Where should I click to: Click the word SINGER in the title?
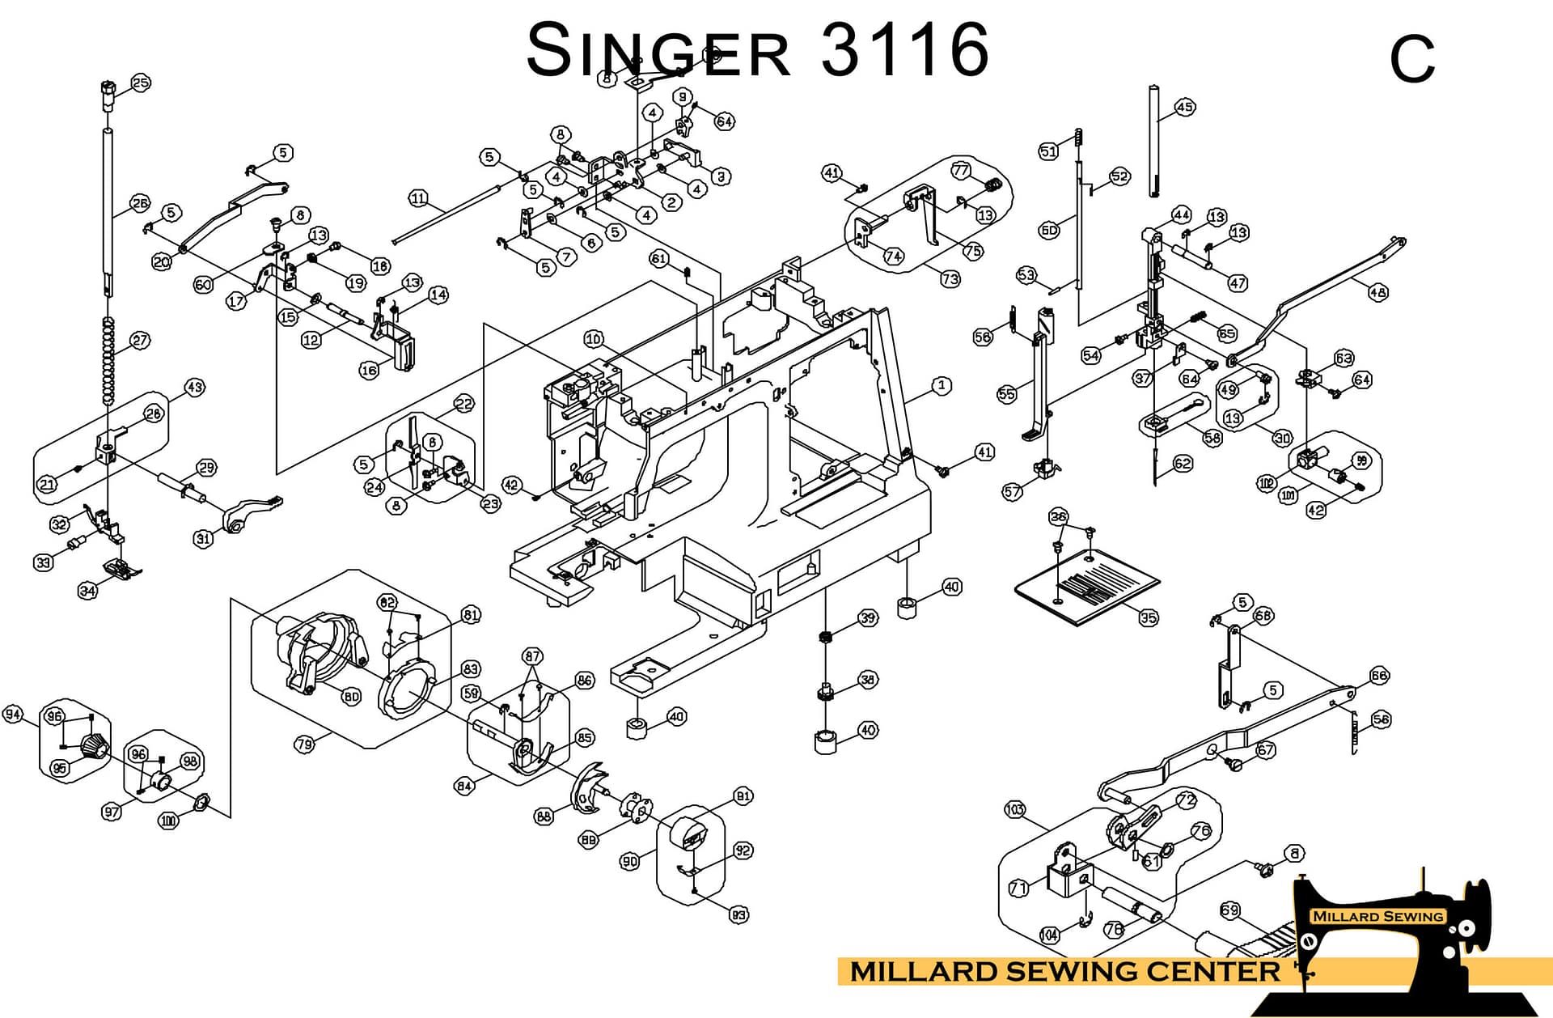point(657,50)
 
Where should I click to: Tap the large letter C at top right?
point(1412,59)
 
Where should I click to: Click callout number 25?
point(141,83)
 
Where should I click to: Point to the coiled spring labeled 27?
point(108,360)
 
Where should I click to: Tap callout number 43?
point(195,387)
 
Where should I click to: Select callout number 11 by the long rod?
point(417,198)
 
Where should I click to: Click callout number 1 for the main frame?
point(942,385)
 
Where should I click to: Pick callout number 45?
point(1185,107)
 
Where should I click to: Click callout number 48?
point(1377,292)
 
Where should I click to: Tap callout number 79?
point(304,744)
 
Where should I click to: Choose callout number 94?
point(13,714)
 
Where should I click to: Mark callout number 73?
point(950,278)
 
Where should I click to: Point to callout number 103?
point(1014,809)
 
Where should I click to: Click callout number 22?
point(463,403)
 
